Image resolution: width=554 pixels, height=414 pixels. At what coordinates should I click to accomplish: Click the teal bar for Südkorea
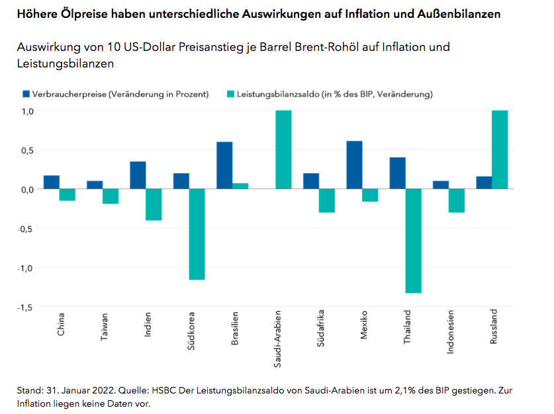pos(197,234)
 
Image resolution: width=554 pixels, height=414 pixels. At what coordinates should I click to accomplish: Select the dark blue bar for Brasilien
pos(224,165)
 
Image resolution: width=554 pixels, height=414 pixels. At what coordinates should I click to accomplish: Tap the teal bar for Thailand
pos(414,241)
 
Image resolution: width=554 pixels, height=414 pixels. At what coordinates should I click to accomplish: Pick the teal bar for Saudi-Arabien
pos(283,149)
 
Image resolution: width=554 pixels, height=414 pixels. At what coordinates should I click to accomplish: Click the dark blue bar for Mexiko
pos(354,165)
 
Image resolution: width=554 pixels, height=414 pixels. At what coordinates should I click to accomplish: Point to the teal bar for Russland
pos(500,149)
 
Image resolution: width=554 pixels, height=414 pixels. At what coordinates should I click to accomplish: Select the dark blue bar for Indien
pos(138,175)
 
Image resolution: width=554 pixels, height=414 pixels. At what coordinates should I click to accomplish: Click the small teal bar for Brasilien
pos(240,186)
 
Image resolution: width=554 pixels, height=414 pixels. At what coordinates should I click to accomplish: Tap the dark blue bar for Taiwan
pos(95,185)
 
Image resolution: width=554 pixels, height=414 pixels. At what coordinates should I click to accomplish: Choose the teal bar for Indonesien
pos(457,200)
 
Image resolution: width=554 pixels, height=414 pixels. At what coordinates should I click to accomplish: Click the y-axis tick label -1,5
pos(25,307)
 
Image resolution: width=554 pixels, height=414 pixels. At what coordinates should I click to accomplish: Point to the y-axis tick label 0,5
pos(27,149)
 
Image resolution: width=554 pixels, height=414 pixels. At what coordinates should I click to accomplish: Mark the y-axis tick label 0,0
pos(27,189)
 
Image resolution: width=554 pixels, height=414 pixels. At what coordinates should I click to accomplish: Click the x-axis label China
pos(61,323)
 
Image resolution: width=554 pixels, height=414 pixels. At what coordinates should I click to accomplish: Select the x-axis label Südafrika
pos(320,327)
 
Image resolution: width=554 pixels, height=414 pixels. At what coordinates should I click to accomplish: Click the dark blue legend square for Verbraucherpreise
pos(26,94)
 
